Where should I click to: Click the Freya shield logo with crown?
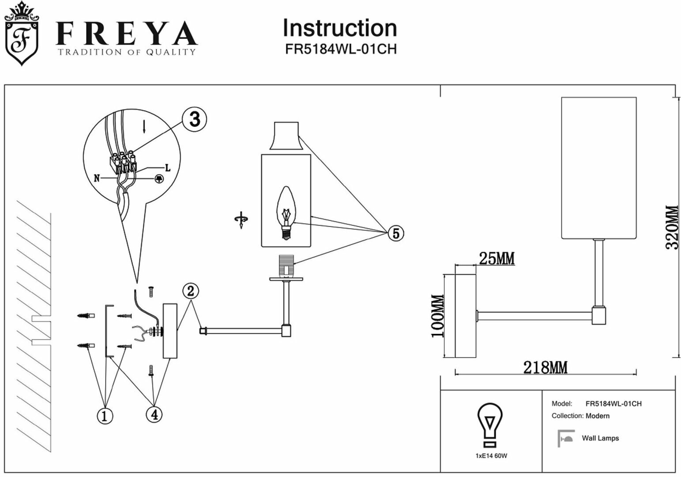tap(21, 34)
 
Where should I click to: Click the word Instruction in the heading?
tap(339, 28)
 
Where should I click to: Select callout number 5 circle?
tap(395, 233)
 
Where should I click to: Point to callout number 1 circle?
tap(105, 416)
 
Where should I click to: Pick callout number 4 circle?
tap(154, 414)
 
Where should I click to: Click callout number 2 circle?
tap(190, 291)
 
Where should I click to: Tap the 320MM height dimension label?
tap(671, 227)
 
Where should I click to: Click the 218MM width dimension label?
tap(545, 367)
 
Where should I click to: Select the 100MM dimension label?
tap(437, 316)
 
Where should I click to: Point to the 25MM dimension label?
tap(497, 258)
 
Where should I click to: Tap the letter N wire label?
tap(97, 178)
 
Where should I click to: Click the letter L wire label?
tap(167, 168)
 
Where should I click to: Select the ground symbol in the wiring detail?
tap(158, 178)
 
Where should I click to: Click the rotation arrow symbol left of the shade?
tap(241, 220)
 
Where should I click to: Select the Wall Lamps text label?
tap(600, 438)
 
